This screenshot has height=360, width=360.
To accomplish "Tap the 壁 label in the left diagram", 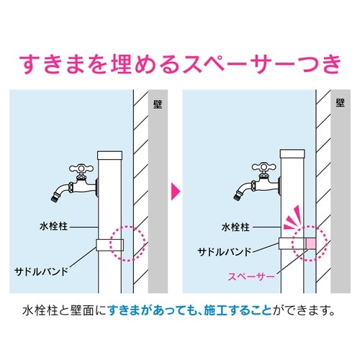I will coord(158,103).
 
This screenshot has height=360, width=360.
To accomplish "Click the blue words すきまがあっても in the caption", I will coord(148,312).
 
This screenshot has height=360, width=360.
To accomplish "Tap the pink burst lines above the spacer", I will coord(292,216).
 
